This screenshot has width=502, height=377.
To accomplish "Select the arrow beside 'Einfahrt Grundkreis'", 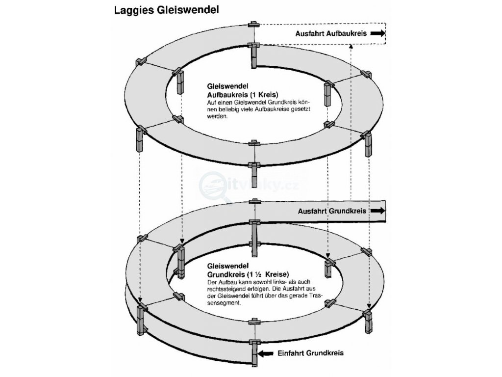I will (267, 353).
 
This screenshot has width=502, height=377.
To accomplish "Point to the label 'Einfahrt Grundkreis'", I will (310, 353).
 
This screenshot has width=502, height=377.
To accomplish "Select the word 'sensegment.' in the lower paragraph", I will (224, 304).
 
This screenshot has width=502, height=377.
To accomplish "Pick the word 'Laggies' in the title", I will (130, 10).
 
